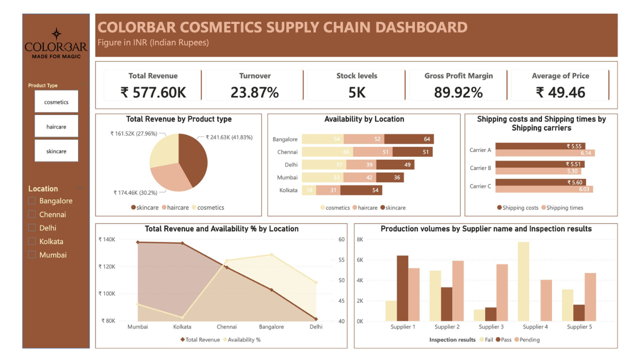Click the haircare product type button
click(x=56, y=126)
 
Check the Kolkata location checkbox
click(x=32, y=241)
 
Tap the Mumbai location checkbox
click(x=32, y=255)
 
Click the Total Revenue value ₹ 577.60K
click(x=153, y=92)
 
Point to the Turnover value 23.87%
click(x=254, y=92)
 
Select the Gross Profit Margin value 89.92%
click(x=458, y=92)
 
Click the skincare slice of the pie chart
click(x=192, y=160)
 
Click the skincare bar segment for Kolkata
click(x=361, y=190)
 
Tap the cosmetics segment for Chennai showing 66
click(x=323, y=152)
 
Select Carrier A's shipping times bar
click(x=544, y=153)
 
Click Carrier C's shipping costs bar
click(x=540, y=182)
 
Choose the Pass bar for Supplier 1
click(x=402, y=288)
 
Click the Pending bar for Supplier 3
click(x=502, y=292)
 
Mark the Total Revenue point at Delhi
click(x=316, y=319)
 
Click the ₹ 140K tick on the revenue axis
click(x=107, y=239)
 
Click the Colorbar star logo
click(x=56, y=34)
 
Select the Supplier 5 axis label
click(x=579, y=327)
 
